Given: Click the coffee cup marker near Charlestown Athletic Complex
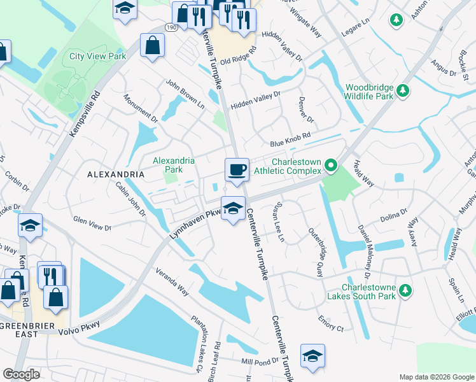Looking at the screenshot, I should (237, 169).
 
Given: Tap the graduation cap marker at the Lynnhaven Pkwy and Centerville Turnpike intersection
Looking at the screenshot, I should (233, 208).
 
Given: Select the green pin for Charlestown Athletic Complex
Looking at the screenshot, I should (331, 166).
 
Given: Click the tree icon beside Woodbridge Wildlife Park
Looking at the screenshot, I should (403, 92).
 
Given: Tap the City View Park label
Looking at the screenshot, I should (97, 56).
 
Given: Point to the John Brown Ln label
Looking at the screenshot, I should (185, 93).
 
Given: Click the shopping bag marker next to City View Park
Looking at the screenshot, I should (153, 45).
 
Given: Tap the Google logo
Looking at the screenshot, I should (21, 374).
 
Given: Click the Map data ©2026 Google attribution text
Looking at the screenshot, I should (436, 377).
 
